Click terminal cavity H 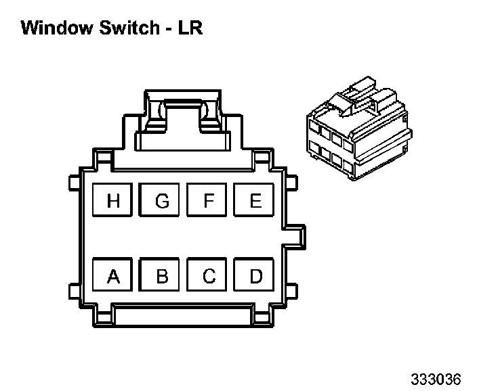113,201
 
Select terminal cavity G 161,201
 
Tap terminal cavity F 209,201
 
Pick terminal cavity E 255,201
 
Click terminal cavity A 113,276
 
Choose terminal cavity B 161,276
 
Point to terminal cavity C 209,276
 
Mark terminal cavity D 255,276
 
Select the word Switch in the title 123,28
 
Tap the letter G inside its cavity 161,201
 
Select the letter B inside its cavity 161,276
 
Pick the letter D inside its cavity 255,276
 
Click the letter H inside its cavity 113,201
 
